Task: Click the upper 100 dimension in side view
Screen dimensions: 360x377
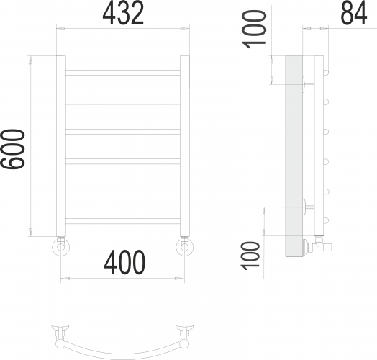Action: coord(256,28)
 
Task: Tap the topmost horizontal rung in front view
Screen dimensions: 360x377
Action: coord(123,72)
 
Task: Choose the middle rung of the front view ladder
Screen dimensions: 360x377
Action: coord(123,132)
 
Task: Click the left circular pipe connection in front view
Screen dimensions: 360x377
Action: coord(61,248)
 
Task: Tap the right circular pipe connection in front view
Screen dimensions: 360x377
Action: coord(186,248)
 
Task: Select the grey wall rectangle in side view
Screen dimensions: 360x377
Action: coord(294,155)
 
